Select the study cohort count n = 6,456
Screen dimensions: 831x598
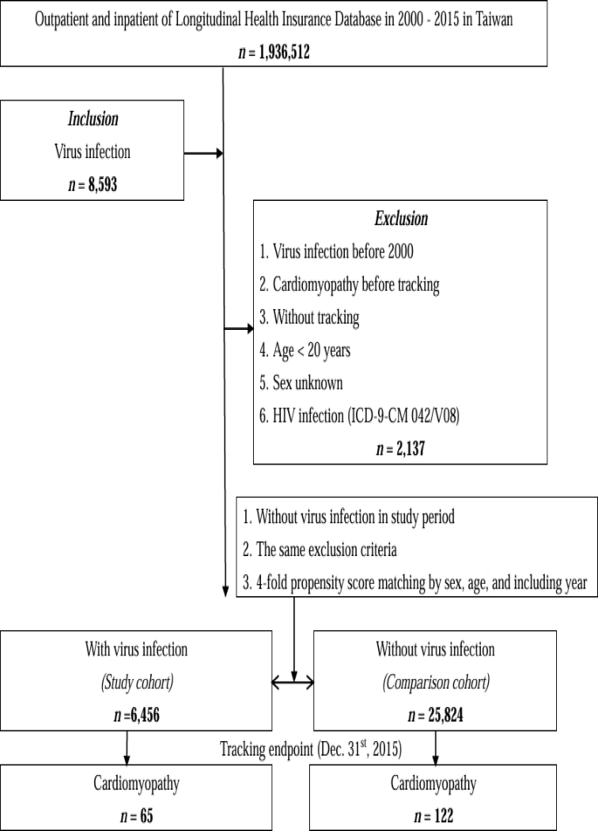pos(128,716)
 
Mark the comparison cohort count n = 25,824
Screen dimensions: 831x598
pos(433,716)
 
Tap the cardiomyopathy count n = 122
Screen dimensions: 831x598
pos(433,810)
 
